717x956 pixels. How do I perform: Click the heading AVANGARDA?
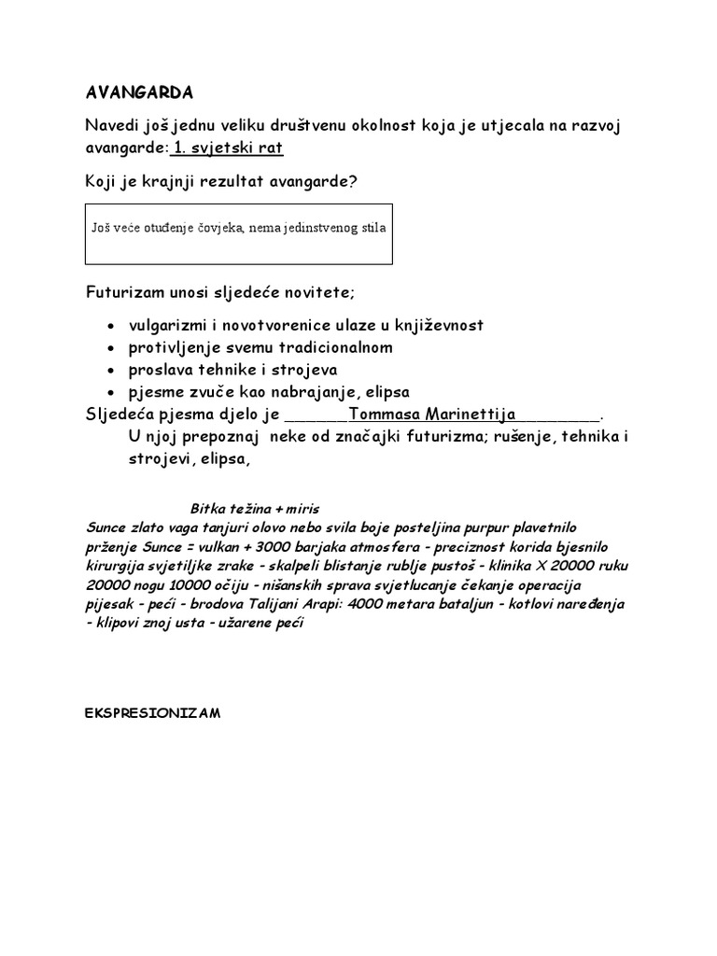(140, 93)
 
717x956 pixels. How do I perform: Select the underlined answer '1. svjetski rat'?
(227, 148)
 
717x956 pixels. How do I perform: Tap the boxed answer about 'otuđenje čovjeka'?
(239, 228)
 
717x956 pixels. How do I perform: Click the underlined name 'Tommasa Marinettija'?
(431, 414)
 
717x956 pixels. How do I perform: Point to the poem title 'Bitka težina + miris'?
(255, 509)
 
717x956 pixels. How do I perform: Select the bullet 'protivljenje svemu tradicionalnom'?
(247, 347)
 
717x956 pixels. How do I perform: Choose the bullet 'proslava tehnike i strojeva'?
(222, 370)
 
